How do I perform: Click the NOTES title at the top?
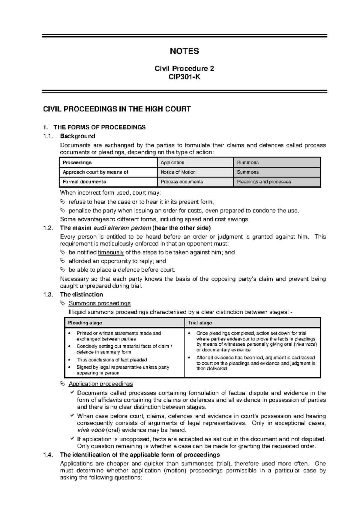[184, 51]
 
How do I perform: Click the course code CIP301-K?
[184, 77]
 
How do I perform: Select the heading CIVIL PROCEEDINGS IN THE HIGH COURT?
[117, 109]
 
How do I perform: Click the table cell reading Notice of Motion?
[178, 172]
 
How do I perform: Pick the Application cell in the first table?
[172, 162]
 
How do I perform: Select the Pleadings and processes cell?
[264, 182]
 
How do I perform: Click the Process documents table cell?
[181, 182]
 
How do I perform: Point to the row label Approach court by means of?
[95, 172]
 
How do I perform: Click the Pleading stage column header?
[85, 323]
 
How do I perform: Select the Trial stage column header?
[200, 323]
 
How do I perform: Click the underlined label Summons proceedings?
[100, 303]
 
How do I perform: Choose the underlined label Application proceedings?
[100, 384]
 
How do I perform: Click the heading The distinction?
[81, 294]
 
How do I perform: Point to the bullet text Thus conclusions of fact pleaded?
[112, 360]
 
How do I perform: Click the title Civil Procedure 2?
[184, 69]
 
